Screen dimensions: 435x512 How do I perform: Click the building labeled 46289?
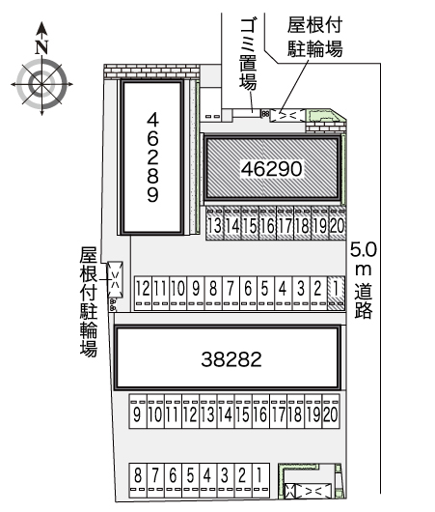(152, 157)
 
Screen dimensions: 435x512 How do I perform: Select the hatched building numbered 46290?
(272, 168)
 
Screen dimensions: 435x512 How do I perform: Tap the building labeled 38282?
(228, 357)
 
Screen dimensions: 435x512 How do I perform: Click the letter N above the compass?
(41, 47)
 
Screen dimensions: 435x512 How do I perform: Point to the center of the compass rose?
(41, 84)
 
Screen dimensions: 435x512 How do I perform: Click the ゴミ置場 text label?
(248, 54)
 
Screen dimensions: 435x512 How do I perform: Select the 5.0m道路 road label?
(364, 280)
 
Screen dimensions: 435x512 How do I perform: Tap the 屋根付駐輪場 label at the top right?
(314, 37)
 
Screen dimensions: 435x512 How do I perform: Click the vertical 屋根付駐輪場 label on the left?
(89, 301)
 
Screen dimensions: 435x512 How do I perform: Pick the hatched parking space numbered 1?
(337, 293)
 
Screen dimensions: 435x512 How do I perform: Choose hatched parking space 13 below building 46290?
(214, 223)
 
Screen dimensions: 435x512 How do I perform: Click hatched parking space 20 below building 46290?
(338, 223)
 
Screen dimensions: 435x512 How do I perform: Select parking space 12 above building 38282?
(143, 293)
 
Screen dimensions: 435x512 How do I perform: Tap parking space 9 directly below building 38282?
(138, 412)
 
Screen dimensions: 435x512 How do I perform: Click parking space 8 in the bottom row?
(138, 480)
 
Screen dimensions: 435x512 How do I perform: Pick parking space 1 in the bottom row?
(260, 480)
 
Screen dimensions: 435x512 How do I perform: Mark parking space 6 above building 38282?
(248, 293)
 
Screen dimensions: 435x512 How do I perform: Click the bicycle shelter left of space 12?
(115, 279)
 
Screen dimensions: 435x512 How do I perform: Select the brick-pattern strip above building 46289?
(151, 71)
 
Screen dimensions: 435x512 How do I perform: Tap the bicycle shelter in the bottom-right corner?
(309, 492)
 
